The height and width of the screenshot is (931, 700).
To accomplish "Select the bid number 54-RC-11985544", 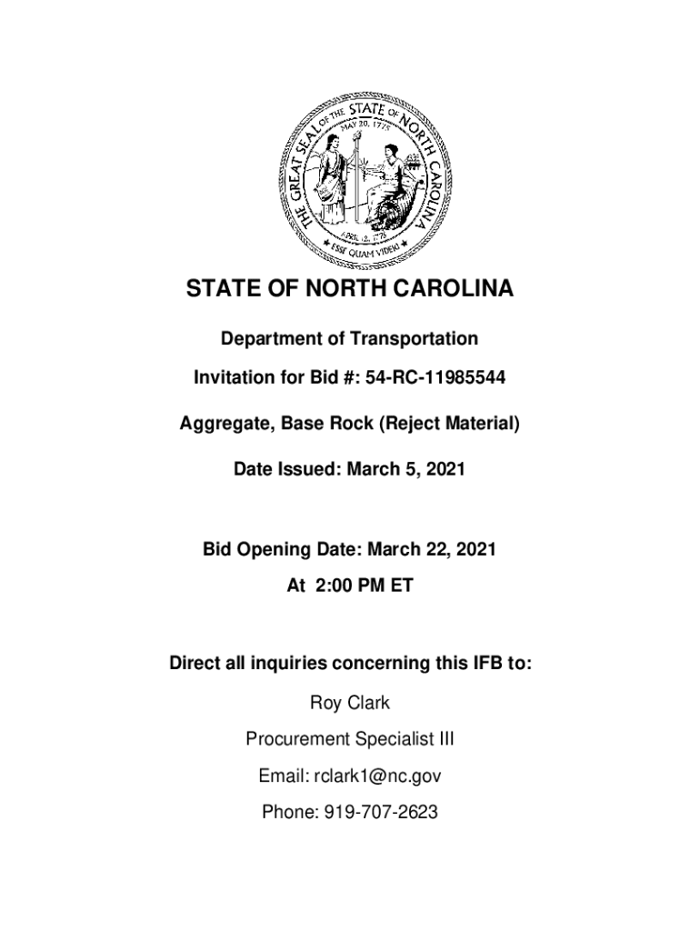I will click(435, 377).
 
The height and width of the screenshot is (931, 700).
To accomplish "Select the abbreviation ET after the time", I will click(402, 586).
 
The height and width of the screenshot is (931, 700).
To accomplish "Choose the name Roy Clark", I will click(350, 703).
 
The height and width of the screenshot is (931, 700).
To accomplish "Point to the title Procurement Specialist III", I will click(350, 740).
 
